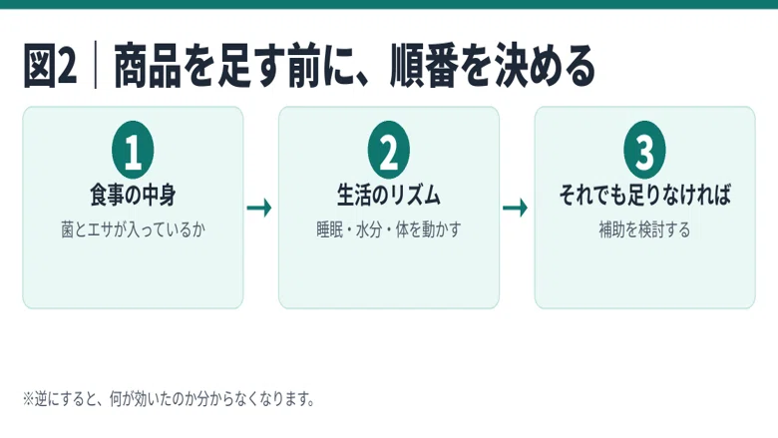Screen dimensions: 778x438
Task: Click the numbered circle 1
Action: [133, 150]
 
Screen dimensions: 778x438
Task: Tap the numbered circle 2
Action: [389, 150]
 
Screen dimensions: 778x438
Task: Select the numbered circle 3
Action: [644, 150]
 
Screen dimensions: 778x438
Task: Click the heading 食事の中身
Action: [133, 195]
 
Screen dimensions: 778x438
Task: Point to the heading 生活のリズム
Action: [389, 195]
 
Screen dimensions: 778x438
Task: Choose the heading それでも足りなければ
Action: [644, 195]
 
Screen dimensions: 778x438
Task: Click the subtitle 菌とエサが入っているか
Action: [133, 229]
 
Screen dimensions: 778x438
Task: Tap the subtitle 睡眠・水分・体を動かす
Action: [389, 229]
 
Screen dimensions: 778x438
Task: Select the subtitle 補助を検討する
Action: [644, 229]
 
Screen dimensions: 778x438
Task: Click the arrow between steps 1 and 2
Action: [259, 208]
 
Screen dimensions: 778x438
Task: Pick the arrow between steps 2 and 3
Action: [515, 208]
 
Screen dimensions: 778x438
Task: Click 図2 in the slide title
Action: [50, 66]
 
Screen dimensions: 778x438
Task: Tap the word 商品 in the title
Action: [147, 66]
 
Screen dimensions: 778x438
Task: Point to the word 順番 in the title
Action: [423, 66]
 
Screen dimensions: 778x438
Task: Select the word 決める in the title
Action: [545, 66]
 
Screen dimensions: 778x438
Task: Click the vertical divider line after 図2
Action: [96, 66]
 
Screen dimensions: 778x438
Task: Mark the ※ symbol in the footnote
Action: [28, 399]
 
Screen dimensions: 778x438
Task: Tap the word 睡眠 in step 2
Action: [330, 229]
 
